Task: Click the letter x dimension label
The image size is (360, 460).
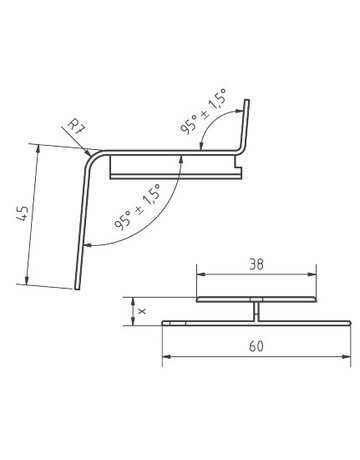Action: tap(143, 311)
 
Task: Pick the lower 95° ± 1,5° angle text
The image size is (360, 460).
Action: tap(139, 208)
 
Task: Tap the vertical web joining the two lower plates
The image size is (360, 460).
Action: tap(257, 312)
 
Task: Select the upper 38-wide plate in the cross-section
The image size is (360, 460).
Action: tap(257, 300)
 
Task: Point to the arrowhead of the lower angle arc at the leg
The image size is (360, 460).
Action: tap(86, 241)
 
